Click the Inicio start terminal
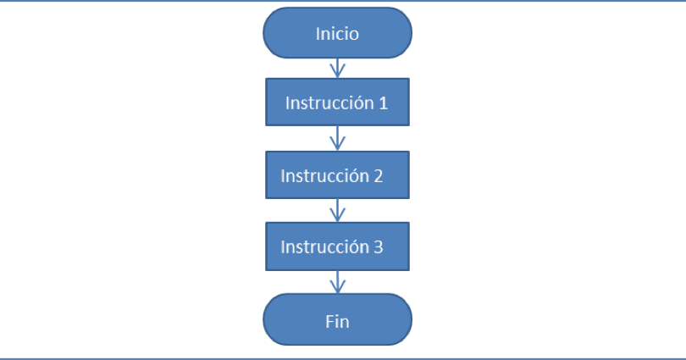click(337, 34)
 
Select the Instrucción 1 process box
click(337, 103)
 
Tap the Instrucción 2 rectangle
click(337, 175)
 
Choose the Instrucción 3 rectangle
click(337, 246)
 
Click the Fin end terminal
click(337, 321)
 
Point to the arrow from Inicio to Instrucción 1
click(338, 69)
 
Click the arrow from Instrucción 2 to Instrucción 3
click(338, 210)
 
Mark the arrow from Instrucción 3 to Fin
click(338, 282)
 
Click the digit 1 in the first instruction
click(383, 103)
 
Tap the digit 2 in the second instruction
click(378, 176)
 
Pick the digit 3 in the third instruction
click(378, 247)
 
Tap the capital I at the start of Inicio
click(318, 35)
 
